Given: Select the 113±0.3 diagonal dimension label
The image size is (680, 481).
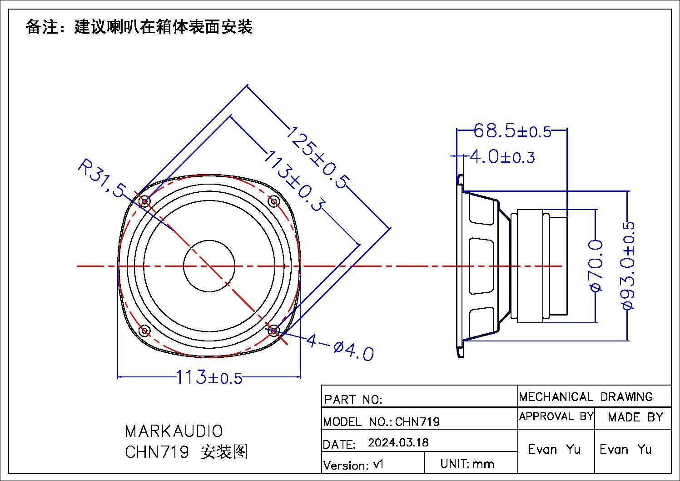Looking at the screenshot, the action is point(294,181).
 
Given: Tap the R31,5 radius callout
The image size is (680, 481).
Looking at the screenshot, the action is point(101,178).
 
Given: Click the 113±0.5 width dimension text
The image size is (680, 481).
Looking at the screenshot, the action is point(209,377).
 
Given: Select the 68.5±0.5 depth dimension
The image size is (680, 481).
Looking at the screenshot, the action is point(512,130).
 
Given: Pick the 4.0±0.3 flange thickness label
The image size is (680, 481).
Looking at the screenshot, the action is point(502,157).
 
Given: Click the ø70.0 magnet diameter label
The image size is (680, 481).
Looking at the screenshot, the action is point(596,266).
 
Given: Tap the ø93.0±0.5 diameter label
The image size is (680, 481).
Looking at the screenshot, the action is point(627,266).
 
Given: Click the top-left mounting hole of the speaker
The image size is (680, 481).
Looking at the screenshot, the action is point(145,201).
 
